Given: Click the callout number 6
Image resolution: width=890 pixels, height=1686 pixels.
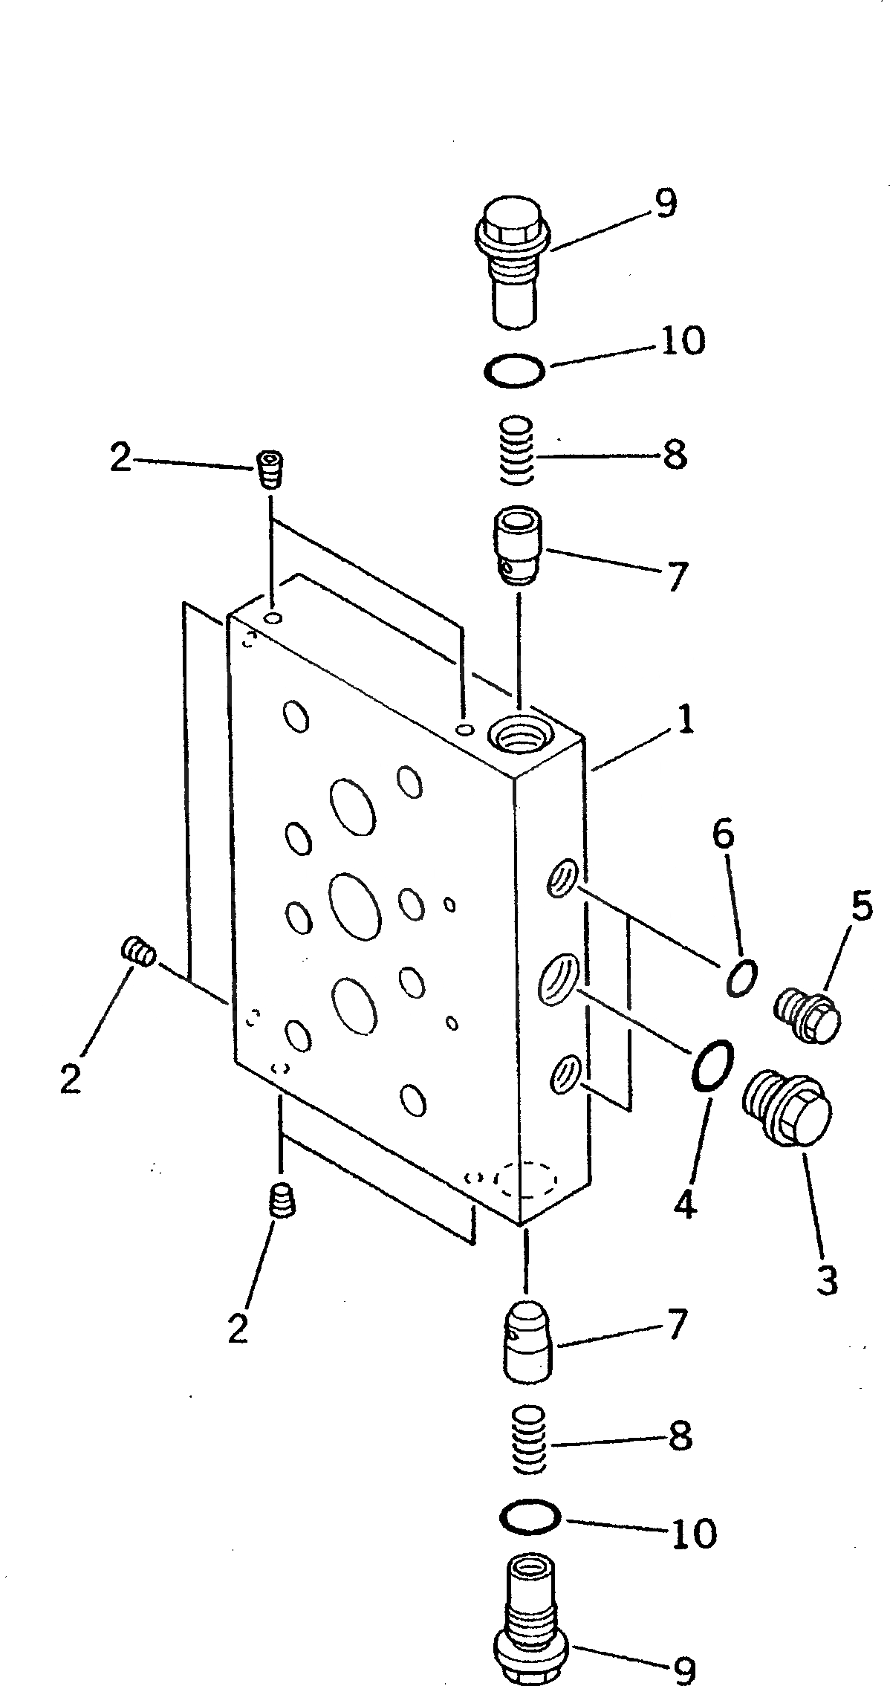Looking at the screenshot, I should coord(724,836).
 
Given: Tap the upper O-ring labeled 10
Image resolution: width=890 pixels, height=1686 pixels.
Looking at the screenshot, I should coord(513,369).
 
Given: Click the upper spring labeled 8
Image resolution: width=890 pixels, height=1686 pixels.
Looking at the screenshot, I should coord(515,450).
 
